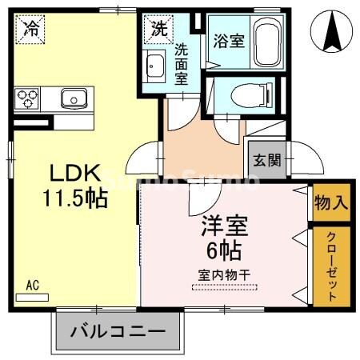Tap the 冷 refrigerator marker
tap(31, 30)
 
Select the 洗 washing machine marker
tap(158, 30)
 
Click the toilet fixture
tap(243, 95)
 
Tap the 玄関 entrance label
tap(267, 159)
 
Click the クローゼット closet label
tap(330, 266)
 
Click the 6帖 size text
tap(224, 250)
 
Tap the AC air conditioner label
tap(32, 284)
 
